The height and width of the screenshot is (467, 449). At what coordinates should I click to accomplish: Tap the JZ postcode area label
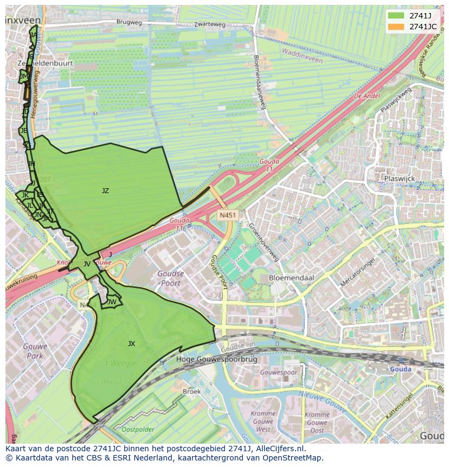105,190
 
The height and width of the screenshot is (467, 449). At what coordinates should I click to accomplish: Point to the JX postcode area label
131,343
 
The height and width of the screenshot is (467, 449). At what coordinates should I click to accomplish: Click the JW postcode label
112,302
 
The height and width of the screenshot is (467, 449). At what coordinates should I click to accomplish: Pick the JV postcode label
87,264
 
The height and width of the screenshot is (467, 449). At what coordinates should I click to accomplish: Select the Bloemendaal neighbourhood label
291,277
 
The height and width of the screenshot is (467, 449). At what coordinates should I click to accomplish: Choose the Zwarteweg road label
196,24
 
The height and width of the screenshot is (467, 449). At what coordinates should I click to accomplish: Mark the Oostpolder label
138,429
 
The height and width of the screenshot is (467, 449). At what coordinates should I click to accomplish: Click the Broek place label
191,391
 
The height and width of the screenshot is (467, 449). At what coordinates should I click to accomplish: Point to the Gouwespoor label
278,373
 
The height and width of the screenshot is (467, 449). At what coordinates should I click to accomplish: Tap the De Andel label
367,96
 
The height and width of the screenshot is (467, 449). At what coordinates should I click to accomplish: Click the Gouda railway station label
400,369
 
